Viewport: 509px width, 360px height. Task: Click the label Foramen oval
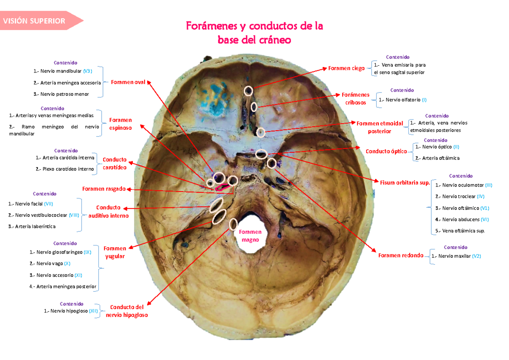coord(128,82)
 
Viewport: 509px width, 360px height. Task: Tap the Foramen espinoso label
coord(120,124)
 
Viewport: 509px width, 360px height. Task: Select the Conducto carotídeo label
coord(115,163)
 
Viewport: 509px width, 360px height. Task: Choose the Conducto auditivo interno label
coord(108,212)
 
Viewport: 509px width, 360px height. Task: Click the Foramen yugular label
coord(115,252)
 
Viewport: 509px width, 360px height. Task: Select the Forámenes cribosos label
coord(355,99)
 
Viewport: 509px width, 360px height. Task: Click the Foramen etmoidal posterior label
coord(380,127)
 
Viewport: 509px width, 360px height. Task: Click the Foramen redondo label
coord(401,255)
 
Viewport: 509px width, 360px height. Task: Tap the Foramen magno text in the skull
coord(247,236)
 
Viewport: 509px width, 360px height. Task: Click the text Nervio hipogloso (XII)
coord(74,311)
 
